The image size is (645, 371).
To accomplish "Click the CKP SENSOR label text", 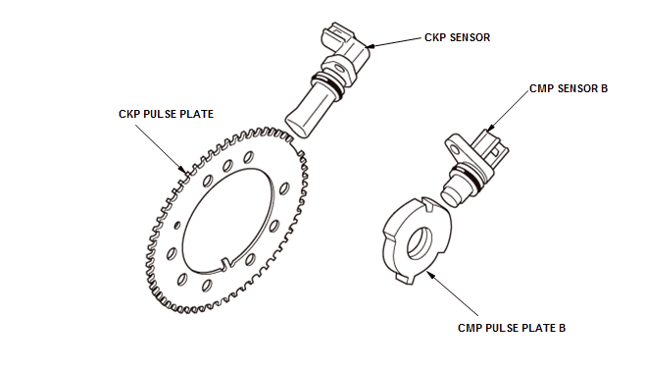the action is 457,37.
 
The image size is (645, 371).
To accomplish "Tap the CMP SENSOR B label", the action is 569,88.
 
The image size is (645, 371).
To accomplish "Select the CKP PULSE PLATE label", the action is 167,114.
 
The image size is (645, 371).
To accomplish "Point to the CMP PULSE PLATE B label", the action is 512,328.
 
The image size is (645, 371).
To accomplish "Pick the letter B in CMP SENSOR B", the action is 604,88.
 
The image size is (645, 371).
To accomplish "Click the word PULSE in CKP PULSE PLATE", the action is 159,114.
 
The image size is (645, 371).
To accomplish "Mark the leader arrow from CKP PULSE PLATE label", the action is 161,148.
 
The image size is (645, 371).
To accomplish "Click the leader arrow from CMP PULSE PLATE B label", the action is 451,292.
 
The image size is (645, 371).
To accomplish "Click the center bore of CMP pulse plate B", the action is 420,243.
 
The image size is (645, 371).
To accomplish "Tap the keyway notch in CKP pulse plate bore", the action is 225,264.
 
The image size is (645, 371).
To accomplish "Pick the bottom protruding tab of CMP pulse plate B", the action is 405,278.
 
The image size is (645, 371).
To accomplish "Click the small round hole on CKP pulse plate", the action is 177,225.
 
